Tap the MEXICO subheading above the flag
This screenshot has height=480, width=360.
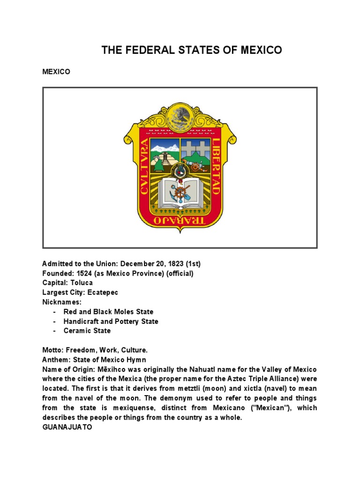pos(56,72)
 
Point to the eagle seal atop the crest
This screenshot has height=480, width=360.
pos(180,117)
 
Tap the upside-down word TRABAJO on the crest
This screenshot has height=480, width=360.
pos(180,220)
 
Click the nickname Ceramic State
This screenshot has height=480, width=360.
pos(87,330)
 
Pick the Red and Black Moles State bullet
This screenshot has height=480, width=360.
pos(108,312)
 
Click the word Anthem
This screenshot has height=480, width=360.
pos(54,360)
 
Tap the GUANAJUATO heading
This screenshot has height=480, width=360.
pos(67,427)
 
